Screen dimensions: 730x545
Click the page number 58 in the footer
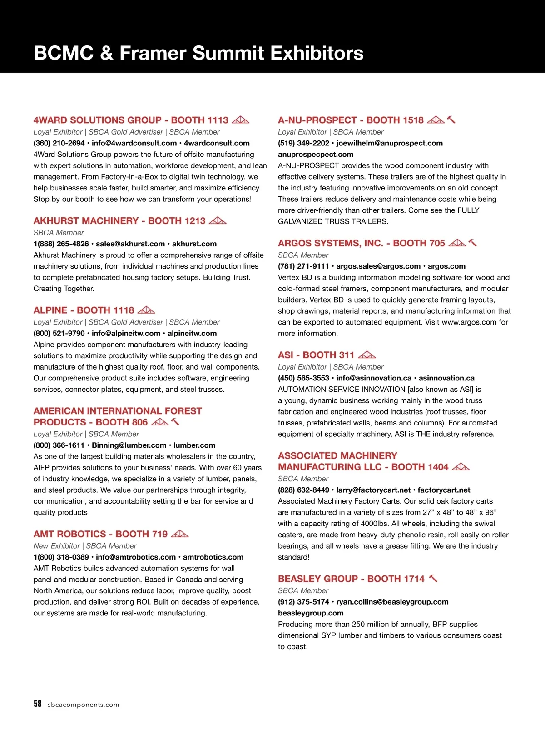37,704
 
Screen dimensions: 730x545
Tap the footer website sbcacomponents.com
84,705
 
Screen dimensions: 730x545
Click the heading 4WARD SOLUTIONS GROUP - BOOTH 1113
131,120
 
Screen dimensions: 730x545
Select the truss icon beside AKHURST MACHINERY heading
218,221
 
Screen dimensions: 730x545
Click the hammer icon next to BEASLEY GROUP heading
433,579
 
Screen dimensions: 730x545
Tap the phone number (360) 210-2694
59,143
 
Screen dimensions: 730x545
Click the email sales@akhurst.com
130,244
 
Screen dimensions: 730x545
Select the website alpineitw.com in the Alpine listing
192,334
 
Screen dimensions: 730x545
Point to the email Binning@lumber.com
129,445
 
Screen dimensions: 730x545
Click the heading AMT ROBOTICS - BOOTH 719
100,534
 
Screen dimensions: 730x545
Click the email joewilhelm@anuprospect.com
389,143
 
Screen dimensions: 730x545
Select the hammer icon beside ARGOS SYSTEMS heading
472,243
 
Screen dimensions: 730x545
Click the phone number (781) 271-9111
303,266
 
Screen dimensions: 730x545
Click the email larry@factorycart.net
373,490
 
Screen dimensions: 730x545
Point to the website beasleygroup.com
311,613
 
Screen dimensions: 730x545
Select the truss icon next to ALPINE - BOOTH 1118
146,310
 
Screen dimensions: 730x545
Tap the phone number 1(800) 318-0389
61,557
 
